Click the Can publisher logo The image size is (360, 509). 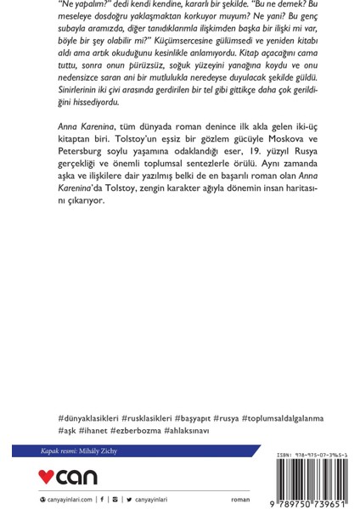(x=70, y=477)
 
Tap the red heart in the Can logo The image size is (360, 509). (x=49, y=477)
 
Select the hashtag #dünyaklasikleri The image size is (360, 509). (x=86, y=418)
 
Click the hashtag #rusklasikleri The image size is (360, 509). (x=150, y=418)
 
